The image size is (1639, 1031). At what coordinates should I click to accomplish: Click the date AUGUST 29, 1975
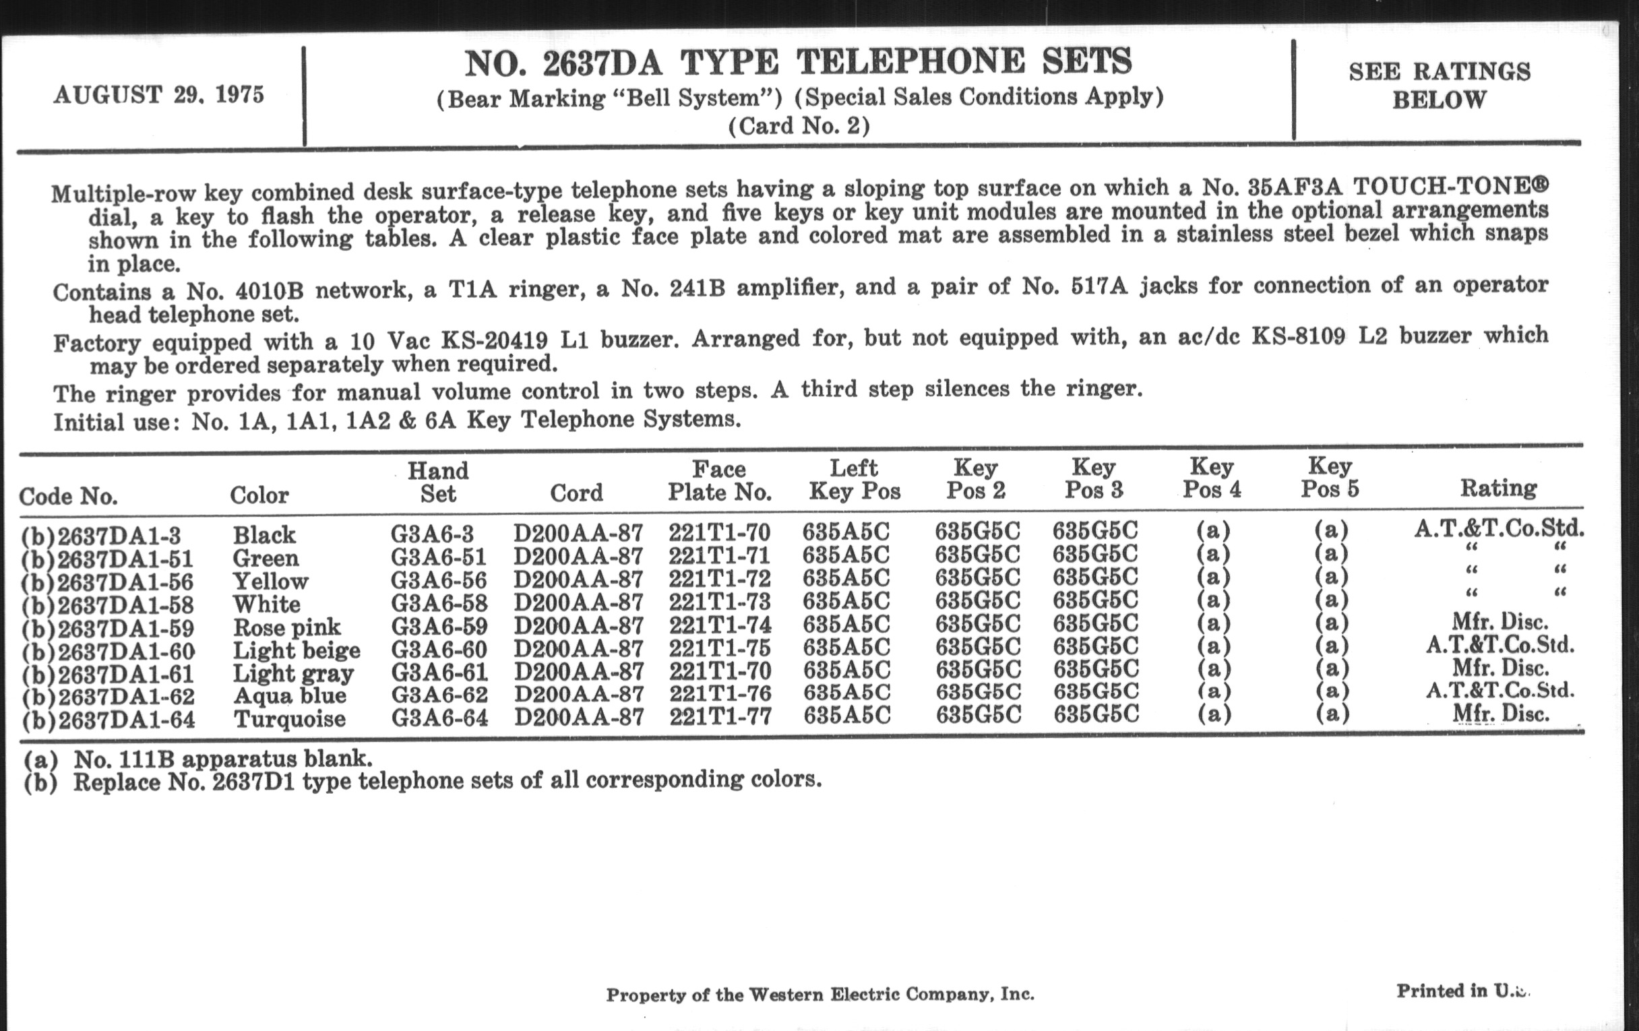[x=158, y=94]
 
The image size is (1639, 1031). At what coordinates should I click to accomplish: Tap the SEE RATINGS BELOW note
[x=1440, y=86]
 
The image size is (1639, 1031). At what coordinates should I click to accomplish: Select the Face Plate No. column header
[x=720, y=480]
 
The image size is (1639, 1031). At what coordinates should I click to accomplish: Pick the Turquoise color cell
[x=289, y=718]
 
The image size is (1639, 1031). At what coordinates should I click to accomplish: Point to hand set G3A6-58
[x=438, y=602]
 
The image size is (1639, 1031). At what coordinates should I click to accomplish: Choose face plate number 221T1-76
[x=720, y=693]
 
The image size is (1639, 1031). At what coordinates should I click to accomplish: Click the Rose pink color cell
[x=286, y=627]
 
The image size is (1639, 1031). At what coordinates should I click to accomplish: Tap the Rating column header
[x=1498, y=488]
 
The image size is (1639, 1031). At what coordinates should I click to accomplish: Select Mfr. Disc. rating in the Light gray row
[x=1500, y=668]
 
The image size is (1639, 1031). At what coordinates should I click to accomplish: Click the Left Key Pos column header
[x=855, y=480]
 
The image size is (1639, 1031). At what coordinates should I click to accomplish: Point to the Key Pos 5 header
[x=1329, y=478]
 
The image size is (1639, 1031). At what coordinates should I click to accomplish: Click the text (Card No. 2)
[x=799, y=127]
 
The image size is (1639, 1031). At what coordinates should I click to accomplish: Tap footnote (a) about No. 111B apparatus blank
[x=197, y=758]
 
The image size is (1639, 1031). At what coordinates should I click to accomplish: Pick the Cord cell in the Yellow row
[x=578, y=578]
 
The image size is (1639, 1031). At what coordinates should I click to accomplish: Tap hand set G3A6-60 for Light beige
[x=438, y=648]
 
